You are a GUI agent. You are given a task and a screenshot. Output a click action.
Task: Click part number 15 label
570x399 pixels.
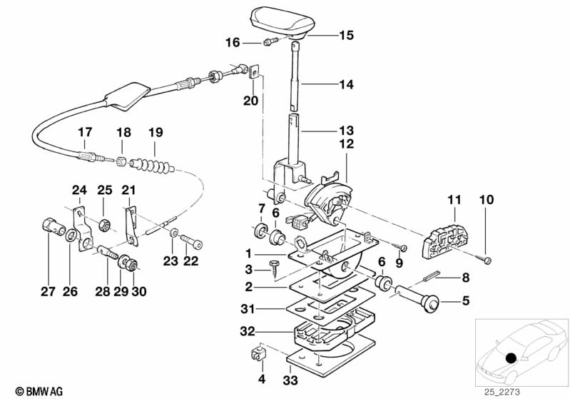[345, 34]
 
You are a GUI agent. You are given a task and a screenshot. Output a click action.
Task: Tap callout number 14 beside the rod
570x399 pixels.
[345, 84]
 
